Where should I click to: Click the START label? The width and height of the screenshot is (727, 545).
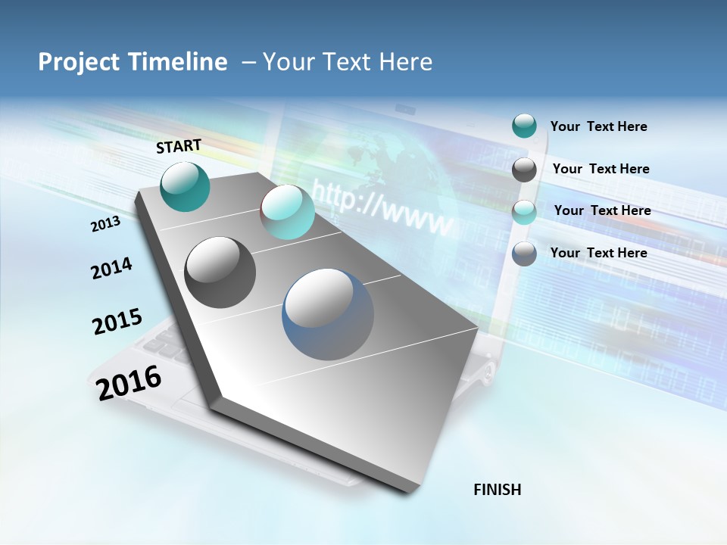coord(179,146)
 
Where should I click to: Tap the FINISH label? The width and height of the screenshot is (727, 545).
coord(498,490)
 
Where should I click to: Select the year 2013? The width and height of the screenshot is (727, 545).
coord(105,224)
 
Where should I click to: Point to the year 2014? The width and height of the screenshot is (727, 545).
coord(111,269)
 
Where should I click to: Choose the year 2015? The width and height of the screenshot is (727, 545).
coord(117,322)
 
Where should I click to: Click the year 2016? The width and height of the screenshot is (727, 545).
coord(129,382)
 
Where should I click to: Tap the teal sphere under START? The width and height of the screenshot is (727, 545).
coord(185,186)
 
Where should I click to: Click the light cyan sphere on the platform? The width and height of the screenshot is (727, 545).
coord(287,213)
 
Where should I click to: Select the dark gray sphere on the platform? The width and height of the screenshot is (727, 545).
coord(220,272)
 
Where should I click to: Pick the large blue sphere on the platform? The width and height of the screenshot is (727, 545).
coord(328,315)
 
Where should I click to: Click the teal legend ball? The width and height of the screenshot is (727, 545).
coord(524,126)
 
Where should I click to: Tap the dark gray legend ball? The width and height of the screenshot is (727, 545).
coord(524,170)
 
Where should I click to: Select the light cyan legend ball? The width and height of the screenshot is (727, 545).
coord(524,212)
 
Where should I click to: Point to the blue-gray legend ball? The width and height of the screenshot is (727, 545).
coord(524,254)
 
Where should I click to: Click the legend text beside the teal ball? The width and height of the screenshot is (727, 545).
coord(598,126)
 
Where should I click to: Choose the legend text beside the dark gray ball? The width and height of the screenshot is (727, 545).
coord(601,169)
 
